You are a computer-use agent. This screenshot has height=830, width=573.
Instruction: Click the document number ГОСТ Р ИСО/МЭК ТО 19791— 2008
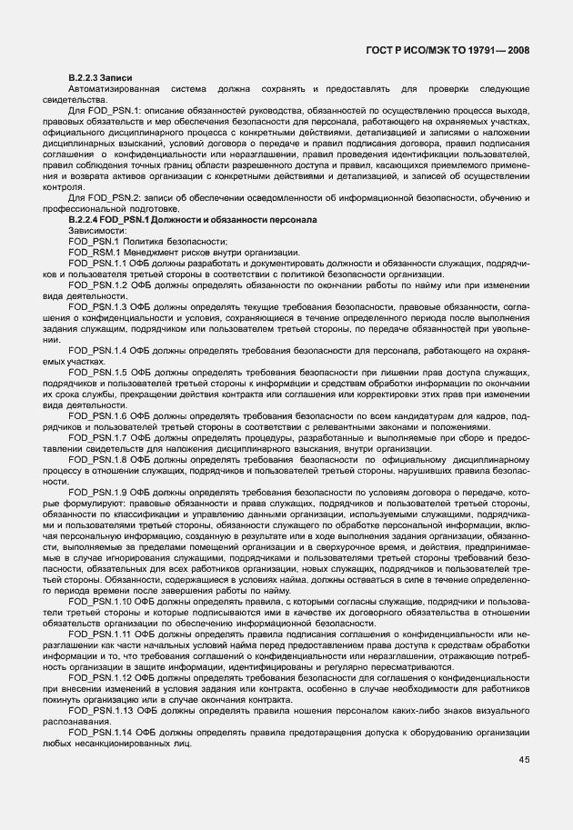click(455, 51)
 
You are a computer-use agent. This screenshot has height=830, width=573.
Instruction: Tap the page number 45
click(524, 760)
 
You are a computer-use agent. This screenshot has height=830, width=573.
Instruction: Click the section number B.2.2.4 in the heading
click(86, 221)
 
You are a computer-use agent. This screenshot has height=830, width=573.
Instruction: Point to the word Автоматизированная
click(106, 90)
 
